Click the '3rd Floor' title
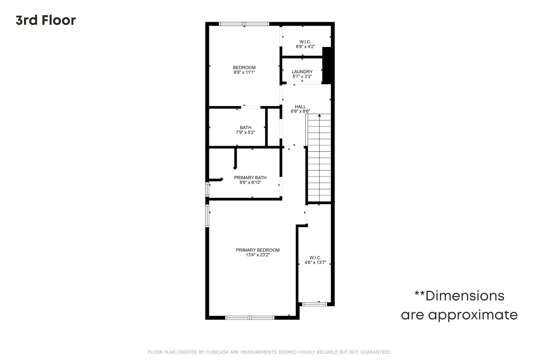(46, 20)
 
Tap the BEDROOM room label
(244, 68)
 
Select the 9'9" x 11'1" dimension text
(244, 72)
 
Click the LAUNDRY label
(302, 72)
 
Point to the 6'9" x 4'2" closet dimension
(305, 47)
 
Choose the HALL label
(300, 107)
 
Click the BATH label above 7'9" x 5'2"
(245, 128)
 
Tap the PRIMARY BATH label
(250, 177)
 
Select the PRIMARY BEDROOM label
(258, 250)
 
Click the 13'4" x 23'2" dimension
(258, 255)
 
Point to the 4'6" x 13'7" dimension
(315, 262)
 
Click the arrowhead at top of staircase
(319, 115)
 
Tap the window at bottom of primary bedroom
(250, 318)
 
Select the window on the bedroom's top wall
(244, 24)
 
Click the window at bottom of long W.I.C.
(315, 304)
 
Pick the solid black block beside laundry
(327, 65)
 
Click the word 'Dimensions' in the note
(465, 296)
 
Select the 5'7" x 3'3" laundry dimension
(302, 76)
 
